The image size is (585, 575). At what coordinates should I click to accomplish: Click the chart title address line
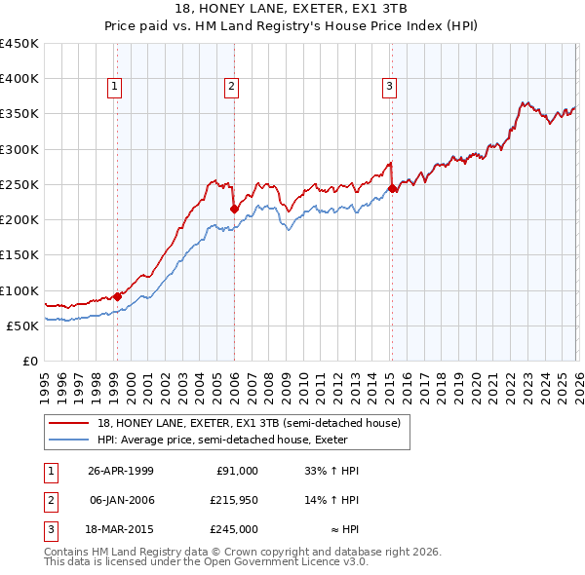(x=292, y=9)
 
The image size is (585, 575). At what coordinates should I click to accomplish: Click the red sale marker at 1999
(x=117, y=296)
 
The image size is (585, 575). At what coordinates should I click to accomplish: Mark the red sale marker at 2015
(x=392, y=188)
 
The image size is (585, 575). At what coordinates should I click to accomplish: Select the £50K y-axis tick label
(x=22, y=326)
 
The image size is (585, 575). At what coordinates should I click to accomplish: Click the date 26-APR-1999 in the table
(x=121, y=471)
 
